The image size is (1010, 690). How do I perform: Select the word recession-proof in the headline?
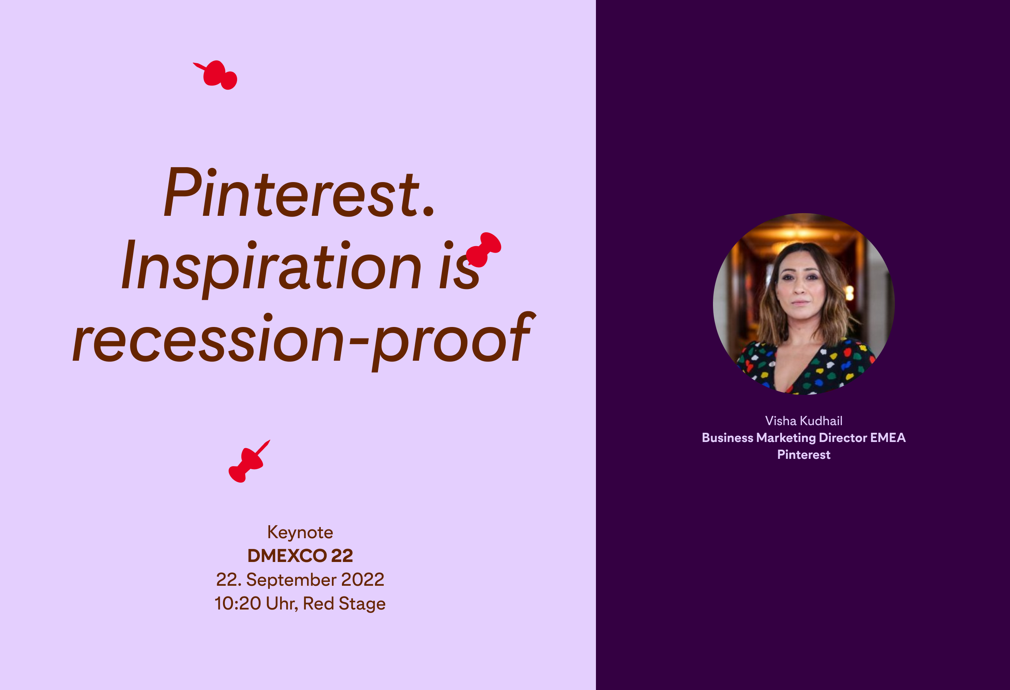click(302, 339)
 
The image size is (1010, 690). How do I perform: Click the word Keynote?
click(300, 532)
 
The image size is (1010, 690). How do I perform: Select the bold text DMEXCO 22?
click(300, 556)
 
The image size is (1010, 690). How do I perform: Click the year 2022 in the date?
click(363, 579)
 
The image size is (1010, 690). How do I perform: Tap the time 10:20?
click(237, 604)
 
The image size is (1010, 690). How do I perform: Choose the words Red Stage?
click(344, 604)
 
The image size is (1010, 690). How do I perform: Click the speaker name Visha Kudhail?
click(804, 421)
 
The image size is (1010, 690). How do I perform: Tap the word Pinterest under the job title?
click(804, 455)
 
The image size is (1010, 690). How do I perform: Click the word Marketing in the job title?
click(786, 438)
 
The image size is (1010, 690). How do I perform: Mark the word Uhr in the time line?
click(282, 604)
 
